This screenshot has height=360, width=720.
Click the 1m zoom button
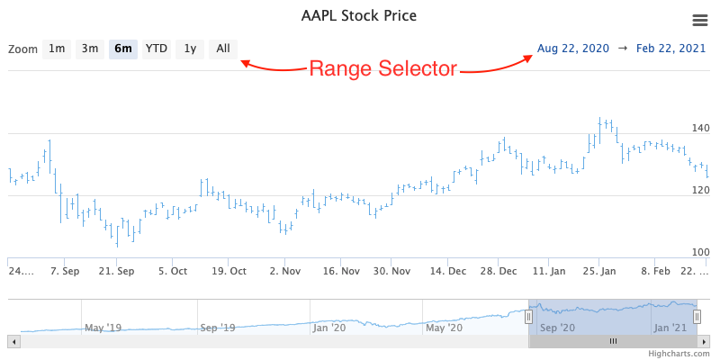click(x=57, y=49)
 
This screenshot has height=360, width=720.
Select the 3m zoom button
click(x=90, y=49)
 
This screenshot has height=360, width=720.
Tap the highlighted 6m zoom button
click(x=123, y=49)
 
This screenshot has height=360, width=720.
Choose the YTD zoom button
click(x=157, y=49)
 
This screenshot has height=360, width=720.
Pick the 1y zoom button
click(x=190, y=49)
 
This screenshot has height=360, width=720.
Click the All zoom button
click(x=223, y=49)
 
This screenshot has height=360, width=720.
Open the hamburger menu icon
click(x=699, y=20)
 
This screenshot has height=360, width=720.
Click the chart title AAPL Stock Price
click(x=358, y=16)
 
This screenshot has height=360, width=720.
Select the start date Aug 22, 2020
click(x=573, y=48)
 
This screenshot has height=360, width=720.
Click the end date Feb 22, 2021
click(x=671, y=48)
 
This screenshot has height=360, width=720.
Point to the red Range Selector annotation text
click(x=383, y=68)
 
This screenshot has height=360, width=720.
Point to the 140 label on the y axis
click(x=701, y=129)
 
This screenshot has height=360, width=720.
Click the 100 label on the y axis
click(x=701, y=252)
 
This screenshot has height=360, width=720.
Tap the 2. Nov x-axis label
click(x=285, y=271)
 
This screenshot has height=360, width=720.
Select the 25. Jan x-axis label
click(x=600, y=271)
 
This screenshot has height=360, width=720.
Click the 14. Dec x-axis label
click(x=448, y=271)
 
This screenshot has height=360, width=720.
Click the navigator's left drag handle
click(x=529, y=315)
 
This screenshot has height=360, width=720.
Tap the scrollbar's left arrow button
click(x=13, y=341)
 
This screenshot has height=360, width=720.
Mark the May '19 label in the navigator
click(x=102, y=328)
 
